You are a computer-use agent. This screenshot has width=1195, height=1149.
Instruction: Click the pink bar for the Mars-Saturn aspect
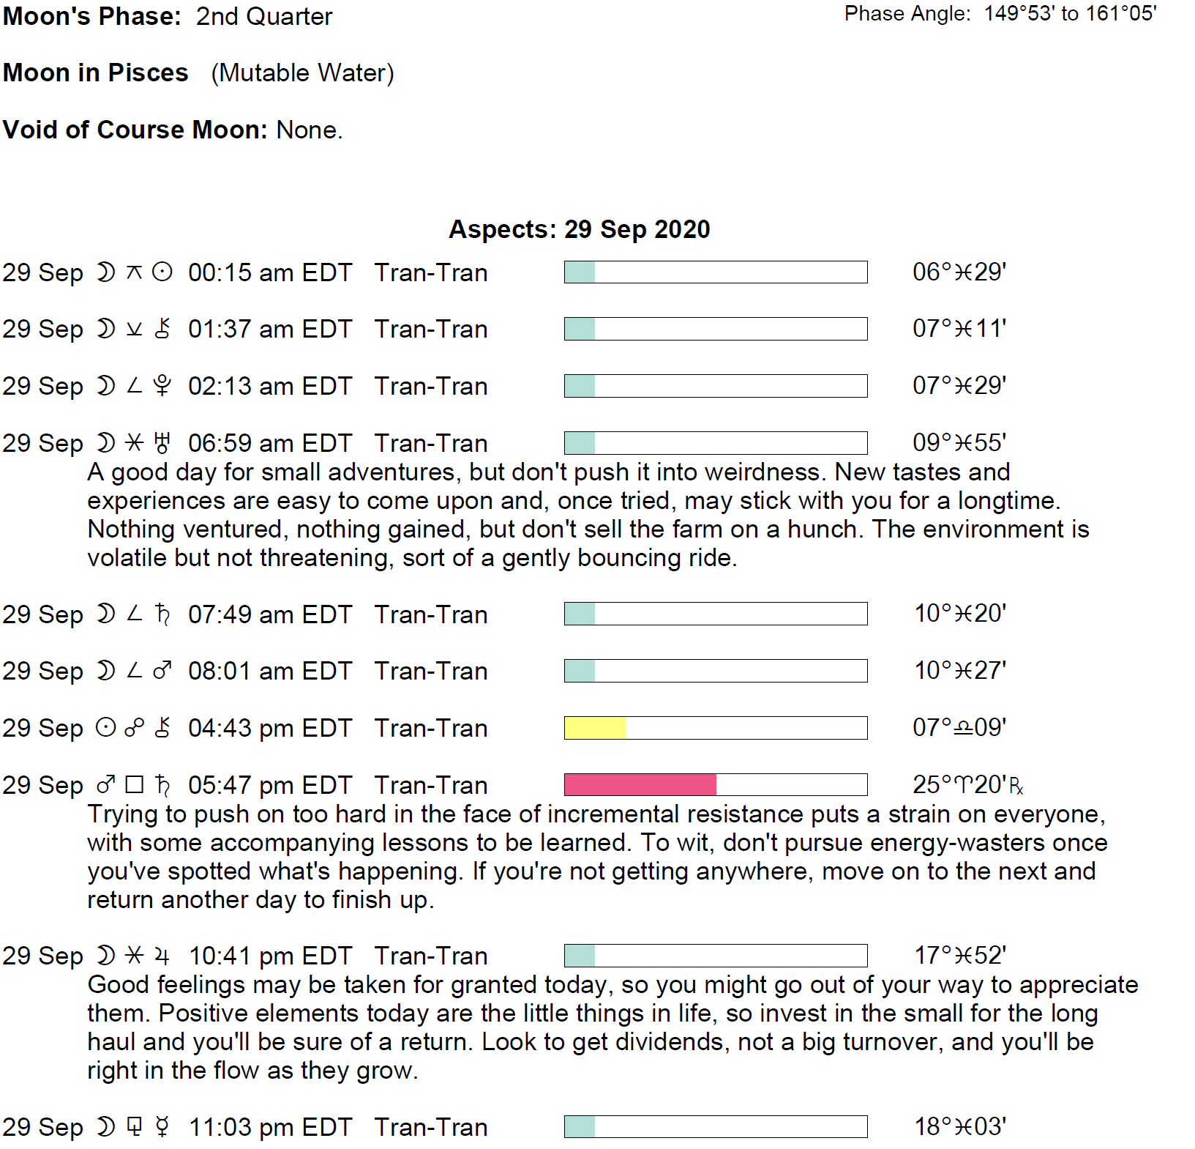pos(640,784)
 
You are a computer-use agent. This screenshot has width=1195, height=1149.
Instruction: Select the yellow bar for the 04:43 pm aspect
pos(595,728)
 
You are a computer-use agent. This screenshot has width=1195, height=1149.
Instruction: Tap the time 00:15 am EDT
pos(269,272)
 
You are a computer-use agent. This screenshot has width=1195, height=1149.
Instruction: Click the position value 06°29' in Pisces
pos(959,272)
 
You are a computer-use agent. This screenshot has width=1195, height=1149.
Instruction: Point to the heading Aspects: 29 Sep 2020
pos(579,229)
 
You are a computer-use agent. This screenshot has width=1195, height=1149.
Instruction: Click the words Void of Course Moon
pos(135,130)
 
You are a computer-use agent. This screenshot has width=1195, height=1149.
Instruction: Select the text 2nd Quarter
pos(263,16)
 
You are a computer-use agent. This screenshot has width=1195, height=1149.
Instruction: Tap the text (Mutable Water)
pos(302,72)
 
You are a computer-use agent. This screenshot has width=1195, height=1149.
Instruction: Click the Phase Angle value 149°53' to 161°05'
pos(1069,14)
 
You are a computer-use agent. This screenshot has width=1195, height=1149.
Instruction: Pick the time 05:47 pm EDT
pos(269,785)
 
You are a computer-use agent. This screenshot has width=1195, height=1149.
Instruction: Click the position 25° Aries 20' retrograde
pos(967,785)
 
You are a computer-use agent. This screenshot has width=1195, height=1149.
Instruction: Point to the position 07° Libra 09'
pos(959,728)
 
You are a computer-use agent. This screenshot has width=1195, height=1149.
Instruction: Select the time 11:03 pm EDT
pos(270,1127)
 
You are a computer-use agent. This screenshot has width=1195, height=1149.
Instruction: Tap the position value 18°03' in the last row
pos(960,1127)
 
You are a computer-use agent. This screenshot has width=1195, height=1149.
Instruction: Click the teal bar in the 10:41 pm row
pos(580,956)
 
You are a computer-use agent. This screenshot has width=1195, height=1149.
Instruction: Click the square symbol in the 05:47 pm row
pos(134,785)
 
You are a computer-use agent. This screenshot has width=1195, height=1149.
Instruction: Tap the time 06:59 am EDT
pos(269,443)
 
